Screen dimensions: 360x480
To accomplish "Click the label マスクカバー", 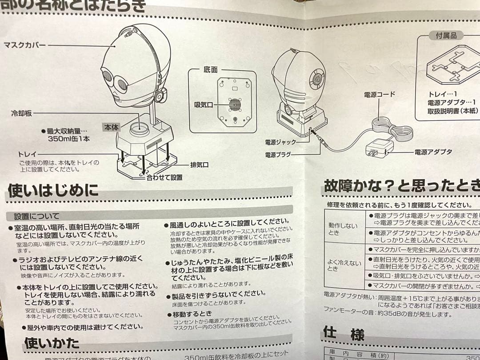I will tap(24, 45).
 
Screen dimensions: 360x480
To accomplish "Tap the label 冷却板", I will tap(22, 113).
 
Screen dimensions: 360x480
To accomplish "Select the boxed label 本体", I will tap(112, 127).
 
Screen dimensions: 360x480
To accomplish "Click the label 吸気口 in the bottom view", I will tap(204, 105).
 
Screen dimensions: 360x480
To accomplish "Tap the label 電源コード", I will tap(379, 94).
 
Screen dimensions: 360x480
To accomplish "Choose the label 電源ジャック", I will tap(283, 142).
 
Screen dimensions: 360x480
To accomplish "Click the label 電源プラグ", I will tap(278, 155).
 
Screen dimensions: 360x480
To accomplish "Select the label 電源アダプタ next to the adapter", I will tap(433, 152).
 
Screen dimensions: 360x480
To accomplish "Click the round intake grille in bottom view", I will tap(234, 105).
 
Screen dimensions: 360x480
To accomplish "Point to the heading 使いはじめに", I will tap(53, 191).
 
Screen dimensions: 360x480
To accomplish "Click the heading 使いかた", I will tap(52, 343).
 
